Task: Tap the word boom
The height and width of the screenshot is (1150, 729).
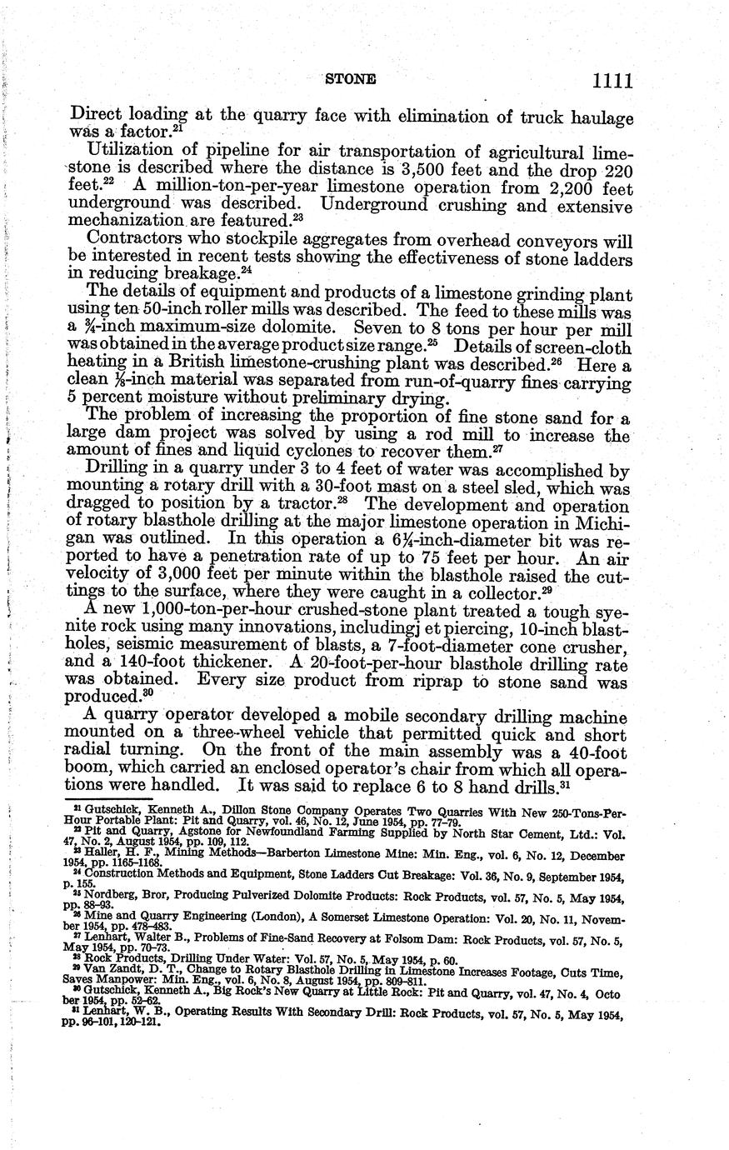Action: pos(90,768)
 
